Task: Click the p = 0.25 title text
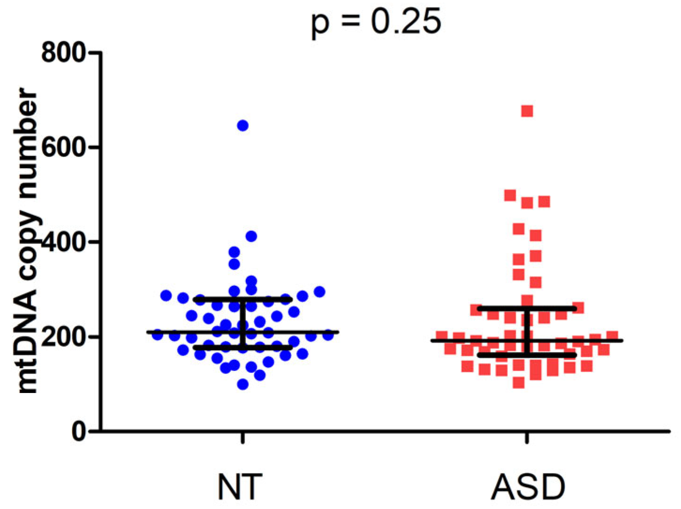coord(376,22)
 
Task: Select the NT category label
coord(240,486)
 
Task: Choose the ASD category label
coord(528,486)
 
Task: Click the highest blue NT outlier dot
coord(243,125)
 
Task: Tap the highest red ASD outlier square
coord(527,111)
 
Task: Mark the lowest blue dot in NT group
coord(243,385)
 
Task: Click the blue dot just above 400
coord(251,236)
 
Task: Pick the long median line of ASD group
coord(587,340)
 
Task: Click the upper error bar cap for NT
coord(243,299)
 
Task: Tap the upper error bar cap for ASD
coord(527,308)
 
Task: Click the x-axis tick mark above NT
coord(243,438)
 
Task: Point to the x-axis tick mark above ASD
coord(527,438)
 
